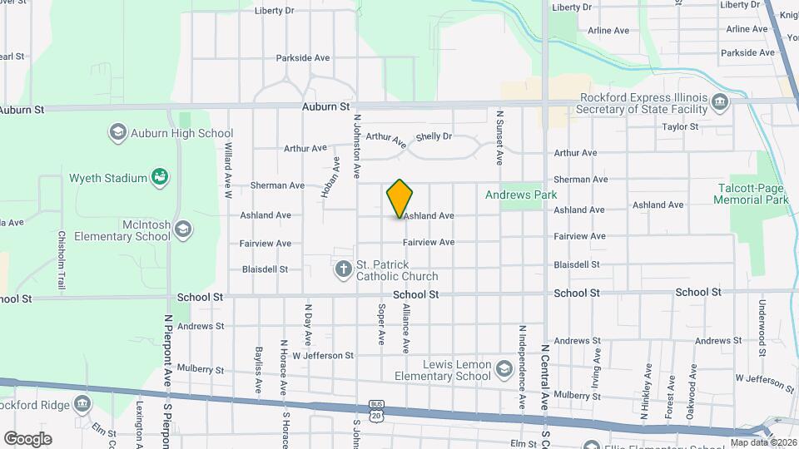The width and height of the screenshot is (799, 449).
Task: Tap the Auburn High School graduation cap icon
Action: [117, 133]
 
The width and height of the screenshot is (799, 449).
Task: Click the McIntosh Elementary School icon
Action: [183, 228]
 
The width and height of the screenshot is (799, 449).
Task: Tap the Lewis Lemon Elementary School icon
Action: [504, 368]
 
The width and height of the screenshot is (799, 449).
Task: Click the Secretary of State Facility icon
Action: [721, 104]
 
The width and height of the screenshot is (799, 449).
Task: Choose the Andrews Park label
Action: [521, 195]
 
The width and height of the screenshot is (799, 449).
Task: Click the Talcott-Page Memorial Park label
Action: [752, 194]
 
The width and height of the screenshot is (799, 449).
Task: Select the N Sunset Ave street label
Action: [500, 136]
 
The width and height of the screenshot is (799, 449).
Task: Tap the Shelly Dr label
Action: [434, 136]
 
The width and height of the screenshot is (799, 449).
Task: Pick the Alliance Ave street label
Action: [406, 328]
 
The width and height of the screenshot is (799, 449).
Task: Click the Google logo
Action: [27, 438]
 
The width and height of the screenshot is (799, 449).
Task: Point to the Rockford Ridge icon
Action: [82, 405]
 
